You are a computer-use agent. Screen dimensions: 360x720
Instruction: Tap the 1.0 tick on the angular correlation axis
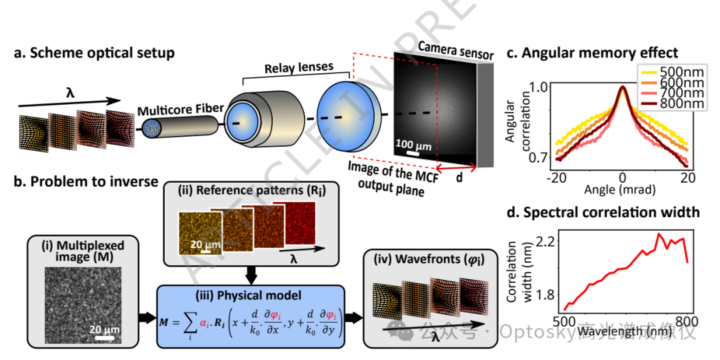click(539, 87)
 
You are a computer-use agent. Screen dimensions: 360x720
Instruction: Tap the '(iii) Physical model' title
click(251, 294)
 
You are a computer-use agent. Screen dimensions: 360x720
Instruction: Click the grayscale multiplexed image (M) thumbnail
click(80, 305)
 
